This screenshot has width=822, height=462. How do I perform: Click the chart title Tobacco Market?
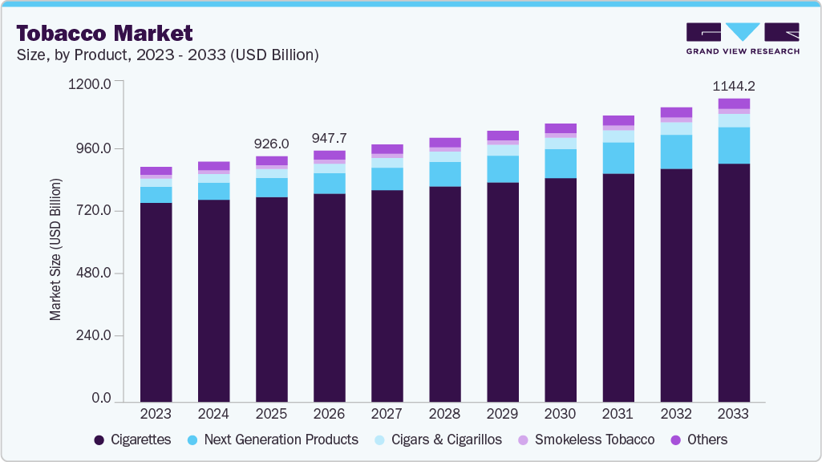tap(104, 33)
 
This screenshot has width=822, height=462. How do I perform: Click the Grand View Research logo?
tap(743, 38)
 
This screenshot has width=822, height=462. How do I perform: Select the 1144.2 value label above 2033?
tap(734, 86)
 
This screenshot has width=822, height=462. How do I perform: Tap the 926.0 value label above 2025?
tap(271, 144)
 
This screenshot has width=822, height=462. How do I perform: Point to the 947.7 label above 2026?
tap(329, 138)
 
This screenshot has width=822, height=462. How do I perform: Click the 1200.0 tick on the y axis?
tap(90, 83)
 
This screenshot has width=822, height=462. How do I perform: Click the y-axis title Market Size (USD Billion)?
tap(55, 250)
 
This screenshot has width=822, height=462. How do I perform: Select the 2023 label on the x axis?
tap(156, 414)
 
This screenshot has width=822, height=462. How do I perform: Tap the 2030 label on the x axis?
tap(560, 414)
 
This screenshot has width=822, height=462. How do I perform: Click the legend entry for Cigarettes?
tap(132, 440)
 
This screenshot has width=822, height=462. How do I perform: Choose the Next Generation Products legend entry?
tap(272, 440)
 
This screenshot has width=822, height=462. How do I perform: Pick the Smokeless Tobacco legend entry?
tap(586, 440)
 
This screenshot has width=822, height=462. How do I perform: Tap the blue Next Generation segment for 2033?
tap(734, 145)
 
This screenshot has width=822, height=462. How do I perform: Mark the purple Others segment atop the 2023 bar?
tap(156, 171)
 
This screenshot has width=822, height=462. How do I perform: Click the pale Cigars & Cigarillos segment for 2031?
tap(618, 136)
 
